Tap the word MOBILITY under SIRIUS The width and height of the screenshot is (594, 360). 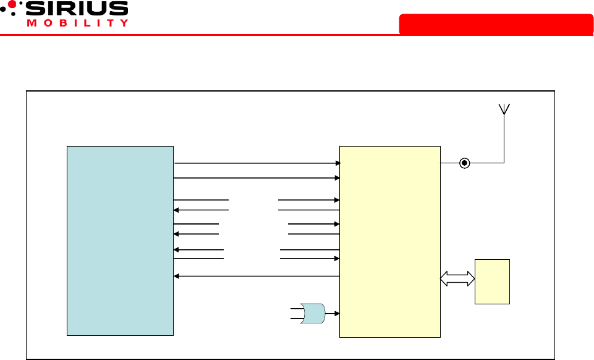tap(78, 24)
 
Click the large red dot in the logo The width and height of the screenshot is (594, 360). tap(12, 4)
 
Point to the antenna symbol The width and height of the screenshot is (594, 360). tap(504, 109)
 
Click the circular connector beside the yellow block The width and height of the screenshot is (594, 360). tap(465, 163)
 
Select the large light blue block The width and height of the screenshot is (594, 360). tap(120, 241)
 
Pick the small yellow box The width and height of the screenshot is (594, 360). tap(492, 281)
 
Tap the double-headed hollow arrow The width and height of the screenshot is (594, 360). tap(457, 280)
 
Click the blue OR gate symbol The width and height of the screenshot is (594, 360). tap(312, 314)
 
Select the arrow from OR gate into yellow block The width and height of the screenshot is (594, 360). tap(333, 314)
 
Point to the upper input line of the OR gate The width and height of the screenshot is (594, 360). tap(295, 307)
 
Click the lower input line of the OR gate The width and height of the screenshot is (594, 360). tap(295, 319)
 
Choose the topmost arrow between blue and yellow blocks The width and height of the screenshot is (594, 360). tap(257, 163)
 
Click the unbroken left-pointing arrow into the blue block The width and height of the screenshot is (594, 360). tap(257, 276)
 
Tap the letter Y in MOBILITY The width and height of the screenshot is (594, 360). tap(124, 24)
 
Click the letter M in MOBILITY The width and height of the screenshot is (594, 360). tap(31, 24)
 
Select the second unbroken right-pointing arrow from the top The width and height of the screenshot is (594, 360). tap(257, 178)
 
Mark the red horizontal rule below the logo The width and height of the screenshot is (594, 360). tap(297, 35)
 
